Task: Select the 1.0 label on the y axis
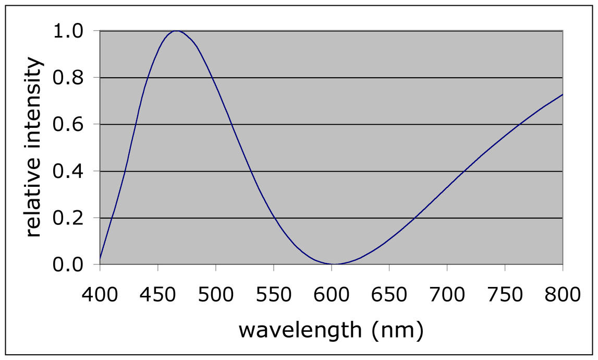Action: pyautogui.click(x=68, y=31)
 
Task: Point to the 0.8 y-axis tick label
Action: pyautogui.click(x=68, y=78)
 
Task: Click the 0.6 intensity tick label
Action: pyautogui.click(x=68, y=125)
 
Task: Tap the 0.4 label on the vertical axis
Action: pyautogui.click(x=68, y=172)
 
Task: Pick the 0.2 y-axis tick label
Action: pyautogui.click(x=68, y=218)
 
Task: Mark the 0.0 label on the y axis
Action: pyautogui.click(x=68, y=265)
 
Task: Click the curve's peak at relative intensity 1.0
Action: pyautogui.click(x=177, y=31)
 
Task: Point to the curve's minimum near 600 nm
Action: pyautogui.click(x=333, y=264)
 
